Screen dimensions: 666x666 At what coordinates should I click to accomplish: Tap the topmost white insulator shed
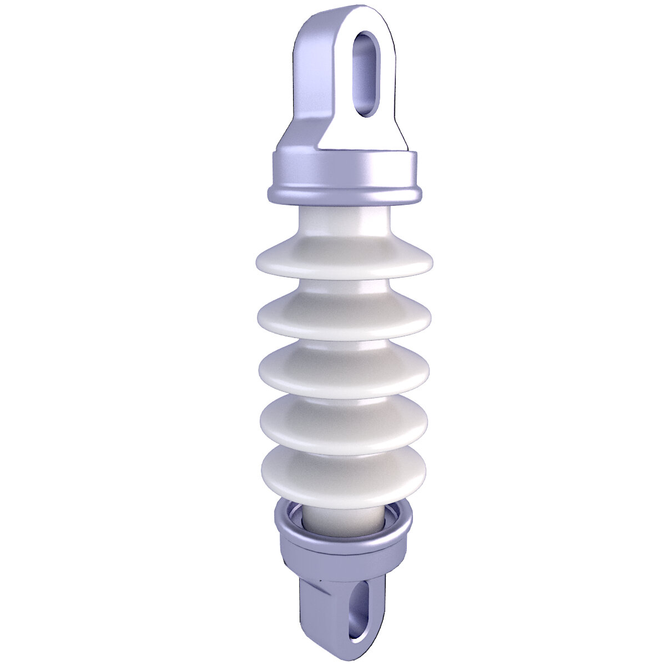click(344, 260)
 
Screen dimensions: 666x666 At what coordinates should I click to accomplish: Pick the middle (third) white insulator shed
click(344, 372)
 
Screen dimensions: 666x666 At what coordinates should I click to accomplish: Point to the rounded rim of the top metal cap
click(344, 195)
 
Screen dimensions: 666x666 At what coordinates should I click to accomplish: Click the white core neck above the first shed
click(344, 222)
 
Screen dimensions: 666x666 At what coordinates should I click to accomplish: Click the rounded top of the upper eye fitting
click(361, 14)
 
